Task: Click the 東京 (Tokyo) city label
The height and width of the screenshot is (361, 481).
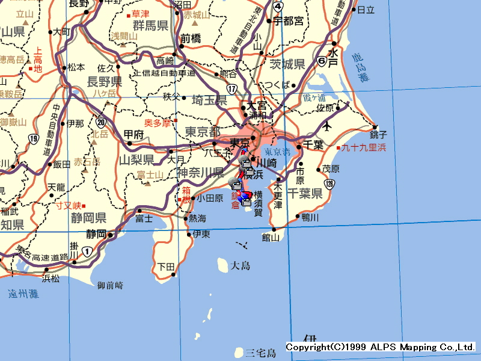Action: click(x=239, y=143)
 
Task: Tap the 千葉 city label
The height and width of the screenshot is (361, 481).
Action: click(x=314, y=145)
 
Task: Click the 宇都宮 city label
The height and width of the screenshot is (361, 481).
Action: click(x=288, y=21)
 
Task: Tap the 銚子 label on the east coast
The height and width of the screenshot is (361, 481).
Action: click(x=379, y=134)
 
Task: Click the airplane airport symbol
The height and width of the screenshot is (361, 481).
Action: click(x=327, y=126)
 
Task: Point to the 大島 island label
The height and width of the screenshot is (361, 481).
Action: click(x=240, y=265)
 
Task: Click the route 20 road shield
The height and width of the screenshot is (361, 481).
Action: click(x=100, y=122)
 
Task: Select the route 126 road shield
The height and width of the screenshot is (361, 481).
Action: click(x=328, y=183)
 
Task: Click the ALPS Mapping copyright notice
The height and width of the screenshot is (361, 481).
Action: click(x=380, y=347)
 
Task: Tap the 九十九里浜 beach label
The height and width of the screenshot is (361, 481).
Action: click(x=364, y=147)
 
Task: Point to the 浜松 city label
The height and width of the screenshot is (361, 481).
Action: click(x=51, y=279)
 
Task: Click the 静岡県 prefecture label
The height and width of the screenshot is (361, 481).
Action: click(x=89, y=218)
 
